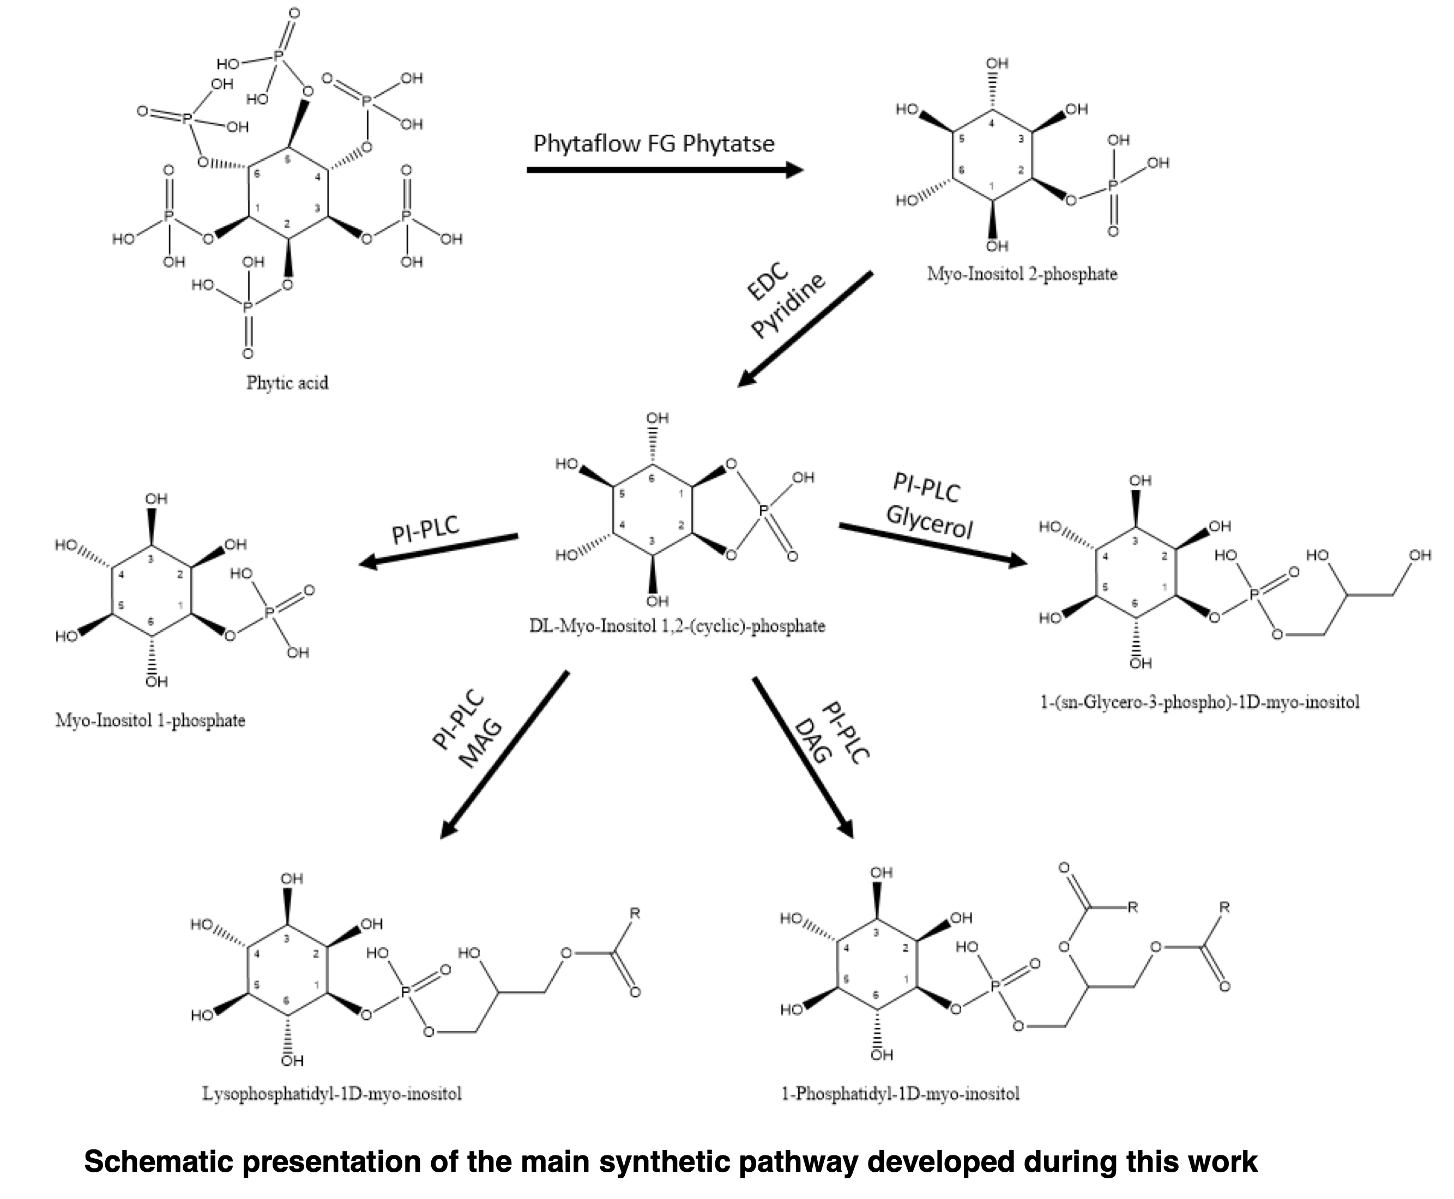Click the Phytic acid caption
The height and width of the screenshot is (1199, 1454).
(287, 383)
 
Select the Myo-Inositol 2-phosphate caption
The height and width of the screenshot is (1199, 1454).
(1022, 274)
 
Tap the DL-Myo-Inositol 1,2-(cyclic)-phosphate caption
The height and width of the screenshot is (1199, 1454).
(677, 626)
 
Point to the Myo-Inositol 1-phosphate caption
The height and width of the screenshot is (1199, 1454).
(150, 720)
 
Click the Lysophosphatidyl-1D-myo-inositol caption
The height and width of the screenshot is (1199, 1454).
(331, 1093)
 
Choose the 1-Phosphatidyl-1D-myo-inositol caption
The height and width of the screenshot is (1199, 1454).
(900, 1093)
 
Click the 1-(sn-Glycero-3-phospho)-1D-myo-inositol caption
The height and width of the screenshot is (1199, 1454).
(1200, 703)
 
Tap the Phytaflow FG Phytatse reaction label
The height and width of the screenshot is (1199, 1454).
(654, 144)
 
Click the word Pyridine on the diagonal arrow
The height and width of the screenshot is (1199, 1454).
(789, 307)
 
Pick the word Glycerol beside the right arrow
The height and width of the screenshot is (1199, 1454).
(929, 522)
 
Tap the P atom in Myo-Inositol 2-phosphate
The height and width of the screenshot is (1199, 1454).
(1112, 186)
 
